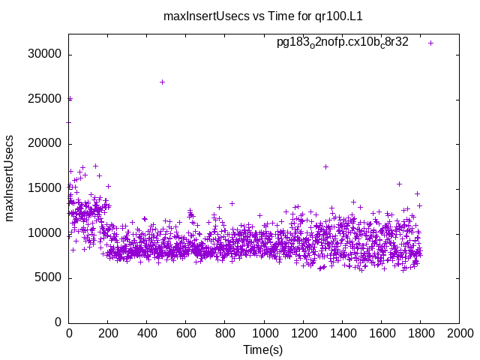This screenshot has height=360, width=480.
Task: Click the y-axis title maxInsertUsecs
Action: [10, 178]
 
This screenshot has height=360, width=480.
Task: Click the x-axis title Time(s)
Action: [263, 349]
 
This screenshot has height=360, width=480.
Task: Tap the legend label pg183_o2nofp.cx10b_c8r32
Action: [343, 43]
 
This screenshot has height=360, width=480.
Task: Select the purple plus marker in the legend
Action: [431, 43]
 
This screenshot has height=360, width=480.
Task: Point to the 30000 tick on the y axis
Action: [46, 55]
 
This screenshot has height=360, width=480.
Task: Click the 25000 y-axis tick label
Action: [46, 99]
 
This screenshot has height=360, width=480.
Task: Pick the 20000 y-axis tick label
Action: [46, 144]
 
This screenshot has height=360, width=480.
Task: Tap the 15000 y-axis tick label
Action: [46, 188]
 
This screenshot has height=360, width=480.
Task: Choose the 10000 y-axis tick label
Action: [46, 233]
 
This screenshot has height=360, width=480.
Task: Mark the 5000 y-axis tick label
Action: [49, 277]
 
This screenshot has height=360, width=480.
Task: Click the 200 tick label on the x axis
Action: [108, 332]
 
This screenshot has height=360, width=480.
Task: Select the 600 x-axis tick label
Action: [186, 332]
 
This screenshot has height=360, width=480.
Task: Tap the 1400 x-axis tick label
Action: [342, 332]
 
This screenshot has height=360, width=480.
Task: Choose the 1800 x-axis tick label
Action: [420, 332]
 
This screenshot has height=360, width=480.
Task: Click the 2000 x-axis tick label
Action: [459, 332]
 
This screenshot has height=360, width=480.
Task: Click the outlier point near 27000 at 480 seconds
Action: [162, 82]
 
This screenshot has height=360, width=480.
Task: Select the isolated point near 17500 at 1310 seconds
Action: [325, 166]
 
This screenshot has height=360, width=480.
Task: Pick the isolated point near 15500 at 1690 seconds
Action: [399, 184]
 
